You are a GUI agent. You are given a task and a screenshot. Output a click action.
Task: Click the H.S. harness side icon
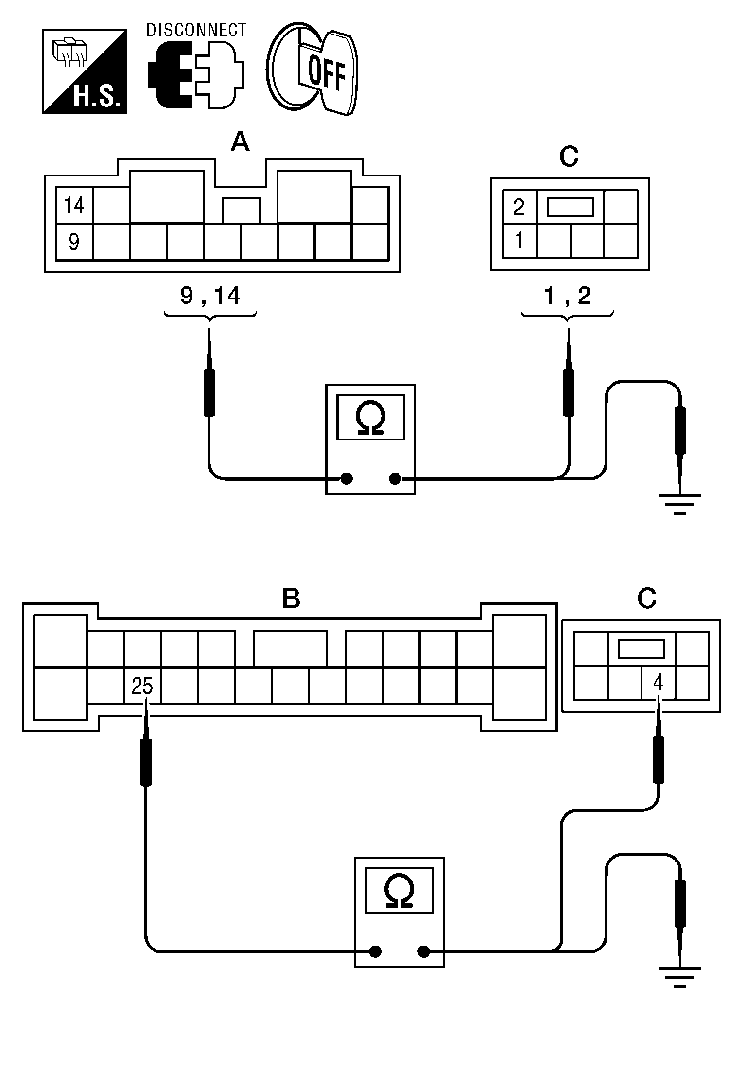[85, 71]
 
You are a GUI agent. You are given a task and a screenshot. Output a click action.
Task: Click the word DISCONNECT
[196, 30]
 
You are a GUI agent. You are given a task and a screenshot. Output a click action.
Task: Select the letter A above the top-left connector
[240, 143]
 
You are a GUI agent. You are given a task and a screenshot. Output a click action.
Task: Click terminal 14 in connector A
[74, 205]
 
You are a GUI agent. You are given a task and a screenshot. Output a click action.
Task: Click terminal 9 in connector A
[74, 242]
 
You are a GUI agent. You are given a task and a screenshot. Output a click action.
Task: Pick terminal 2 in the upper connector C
[519, 208]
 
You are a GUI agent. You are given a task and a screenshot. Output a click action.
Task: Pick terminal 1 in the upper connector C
[519, 241]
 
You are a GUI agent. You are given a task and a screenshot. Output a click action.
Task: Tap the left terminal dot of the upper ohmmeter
[346, 479]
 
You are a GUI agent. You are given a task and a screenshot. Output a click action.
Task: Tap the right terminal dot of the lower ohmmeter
[424, 951]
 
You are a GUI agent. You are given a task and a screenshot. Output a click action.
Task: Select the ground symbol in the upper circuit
[679, 504]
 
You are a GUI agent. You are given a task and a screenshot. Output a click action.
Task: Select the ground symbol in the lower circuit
[679, 976]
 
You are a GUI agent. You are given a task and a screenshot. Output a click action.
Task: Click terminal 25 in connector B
[142, 686]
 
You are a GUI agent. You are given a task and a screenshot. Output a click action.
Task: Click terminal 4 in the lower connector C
[658, 683]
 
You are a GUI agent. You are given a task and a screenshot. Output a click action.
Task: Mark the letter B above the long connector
[291, 598]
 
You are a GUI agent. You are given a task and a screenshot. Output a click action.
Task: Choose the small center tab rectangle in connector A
[241, 210]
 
